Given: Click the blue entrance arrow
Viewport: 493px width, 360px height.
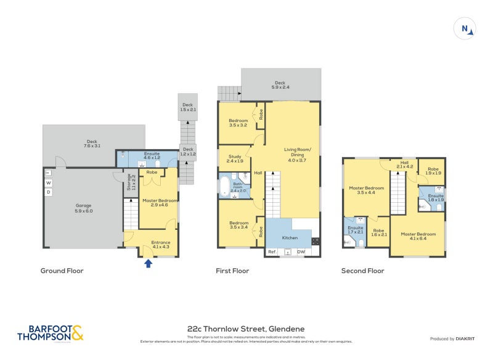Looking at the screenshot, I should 147,264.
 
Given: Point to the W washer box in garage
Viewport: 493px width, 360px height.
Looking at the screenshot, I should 49,183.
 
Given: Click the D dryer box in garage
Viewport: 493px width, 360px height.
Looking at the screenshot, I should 49,192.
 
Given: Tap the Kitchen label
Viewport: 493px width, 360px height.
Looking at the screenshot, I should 290,237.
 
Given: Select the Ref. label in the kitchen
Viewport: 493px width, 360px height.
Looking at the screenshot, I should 271,252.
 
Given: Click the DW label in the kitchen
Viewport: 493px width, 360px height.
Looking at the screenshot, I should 301,252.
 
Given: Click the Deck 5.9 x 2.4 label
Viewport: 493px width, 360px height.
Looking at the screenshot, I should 280,84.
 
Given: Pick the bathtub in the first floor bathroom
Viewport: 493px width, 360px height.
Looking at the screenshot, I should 224,186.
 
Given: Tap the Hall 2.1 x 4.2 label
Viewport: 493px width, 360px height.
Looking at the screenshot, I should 405,164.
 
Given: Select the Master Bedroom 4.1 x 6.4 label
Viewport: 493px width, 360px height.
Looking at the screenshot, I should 417,237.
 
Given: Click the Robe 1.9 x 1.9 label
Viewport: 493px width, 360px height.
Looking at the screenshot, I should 434,171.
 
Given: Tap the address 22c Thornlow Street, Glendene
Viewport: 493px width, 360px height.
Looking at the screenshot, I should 246,329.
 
